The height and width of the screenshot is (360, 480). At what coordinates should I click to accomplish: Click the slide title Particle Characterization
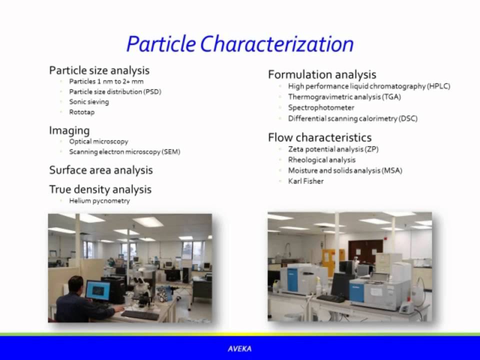tap(240, 44)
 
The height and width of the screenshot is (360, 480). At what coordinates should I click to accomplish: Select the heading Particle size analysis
tap(99, 70)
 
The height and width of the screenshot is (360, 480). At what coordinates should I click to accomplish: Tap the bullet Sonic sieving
tap(89, 101)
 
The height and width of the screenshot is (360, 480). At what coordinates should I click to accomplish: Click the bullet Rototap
tap(81, 112)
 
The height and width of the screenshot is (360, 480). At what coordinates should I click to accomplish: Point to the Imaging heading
tap(69, 130)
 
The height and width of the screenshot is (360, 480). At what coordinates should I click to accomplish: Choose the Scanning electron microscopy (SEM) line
tap(124, 151)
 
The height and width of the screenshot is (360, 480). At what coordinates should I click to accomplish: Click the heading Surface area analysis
tap(100, 170)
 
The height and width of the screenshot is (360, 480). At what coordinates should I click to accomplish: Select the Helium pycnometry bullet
tap(99, 200)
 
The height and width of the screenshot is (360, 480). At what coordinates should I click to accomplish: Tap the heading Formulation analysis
tap(321, 74)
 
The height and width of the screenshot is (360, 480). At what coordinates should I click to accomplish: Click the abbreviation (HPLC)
tap(438, 86)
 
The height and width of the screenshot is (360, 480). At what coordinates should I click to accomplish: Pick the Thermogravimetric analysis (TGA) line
tap(344, 96)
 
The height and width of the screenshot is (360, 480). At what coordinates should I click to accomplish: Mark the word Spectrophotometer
tap(321, 107)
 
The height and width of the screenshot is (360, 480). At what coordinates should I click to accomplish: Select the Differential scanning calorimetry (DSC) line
tap(352, 118)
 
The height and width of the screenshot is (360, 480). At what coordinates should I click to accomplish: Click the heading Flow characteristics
tap(319, 137)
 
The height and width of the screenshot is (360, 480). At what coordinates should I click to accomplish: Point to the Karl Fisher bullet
tap(305, 181)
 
